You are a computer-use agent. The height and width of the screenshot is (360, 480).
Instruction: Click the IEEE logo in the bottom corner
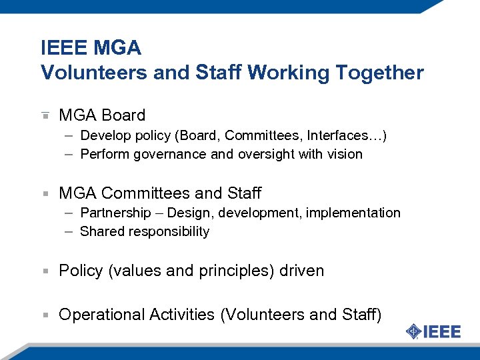[433, 331]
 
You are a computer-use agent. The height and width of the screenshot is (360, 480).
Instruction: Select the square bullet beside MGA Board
[45, 115]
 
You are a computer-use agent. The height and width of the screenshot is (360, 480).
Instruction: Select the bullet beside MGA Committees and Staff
[45, 193]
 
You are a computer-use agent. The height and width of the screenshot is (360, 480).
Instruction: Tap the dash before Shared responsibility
[69, 231]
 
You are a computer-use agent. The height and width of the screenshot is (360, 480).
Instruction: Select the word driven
[301, 271]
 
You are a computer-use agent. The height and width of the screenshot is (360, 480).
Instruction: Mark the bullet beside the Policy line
[45, 271]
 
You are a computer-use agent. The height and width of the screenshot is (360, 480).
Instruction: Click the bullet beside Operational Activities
[45, 315]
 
